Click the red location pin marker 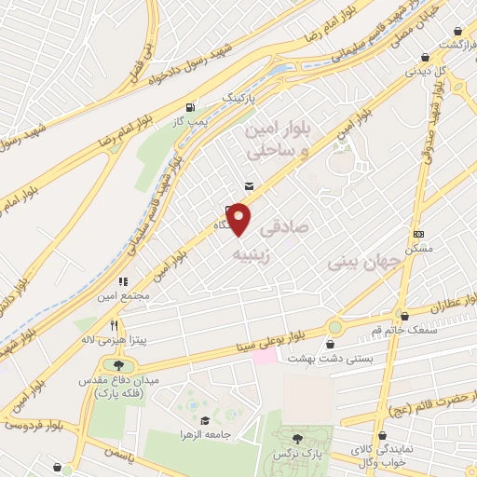tap(239, 220)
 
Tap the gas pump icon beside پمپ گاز tap(192, 106)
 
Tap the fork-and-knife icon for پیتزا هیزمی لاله tap(114, 326)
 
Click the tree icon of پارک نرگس tap(297, 438)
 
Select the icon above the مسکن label tap(419, 234)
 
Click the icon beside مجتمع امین tap(122, 281)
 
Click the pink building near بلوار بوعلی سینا tap(265, 357)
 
